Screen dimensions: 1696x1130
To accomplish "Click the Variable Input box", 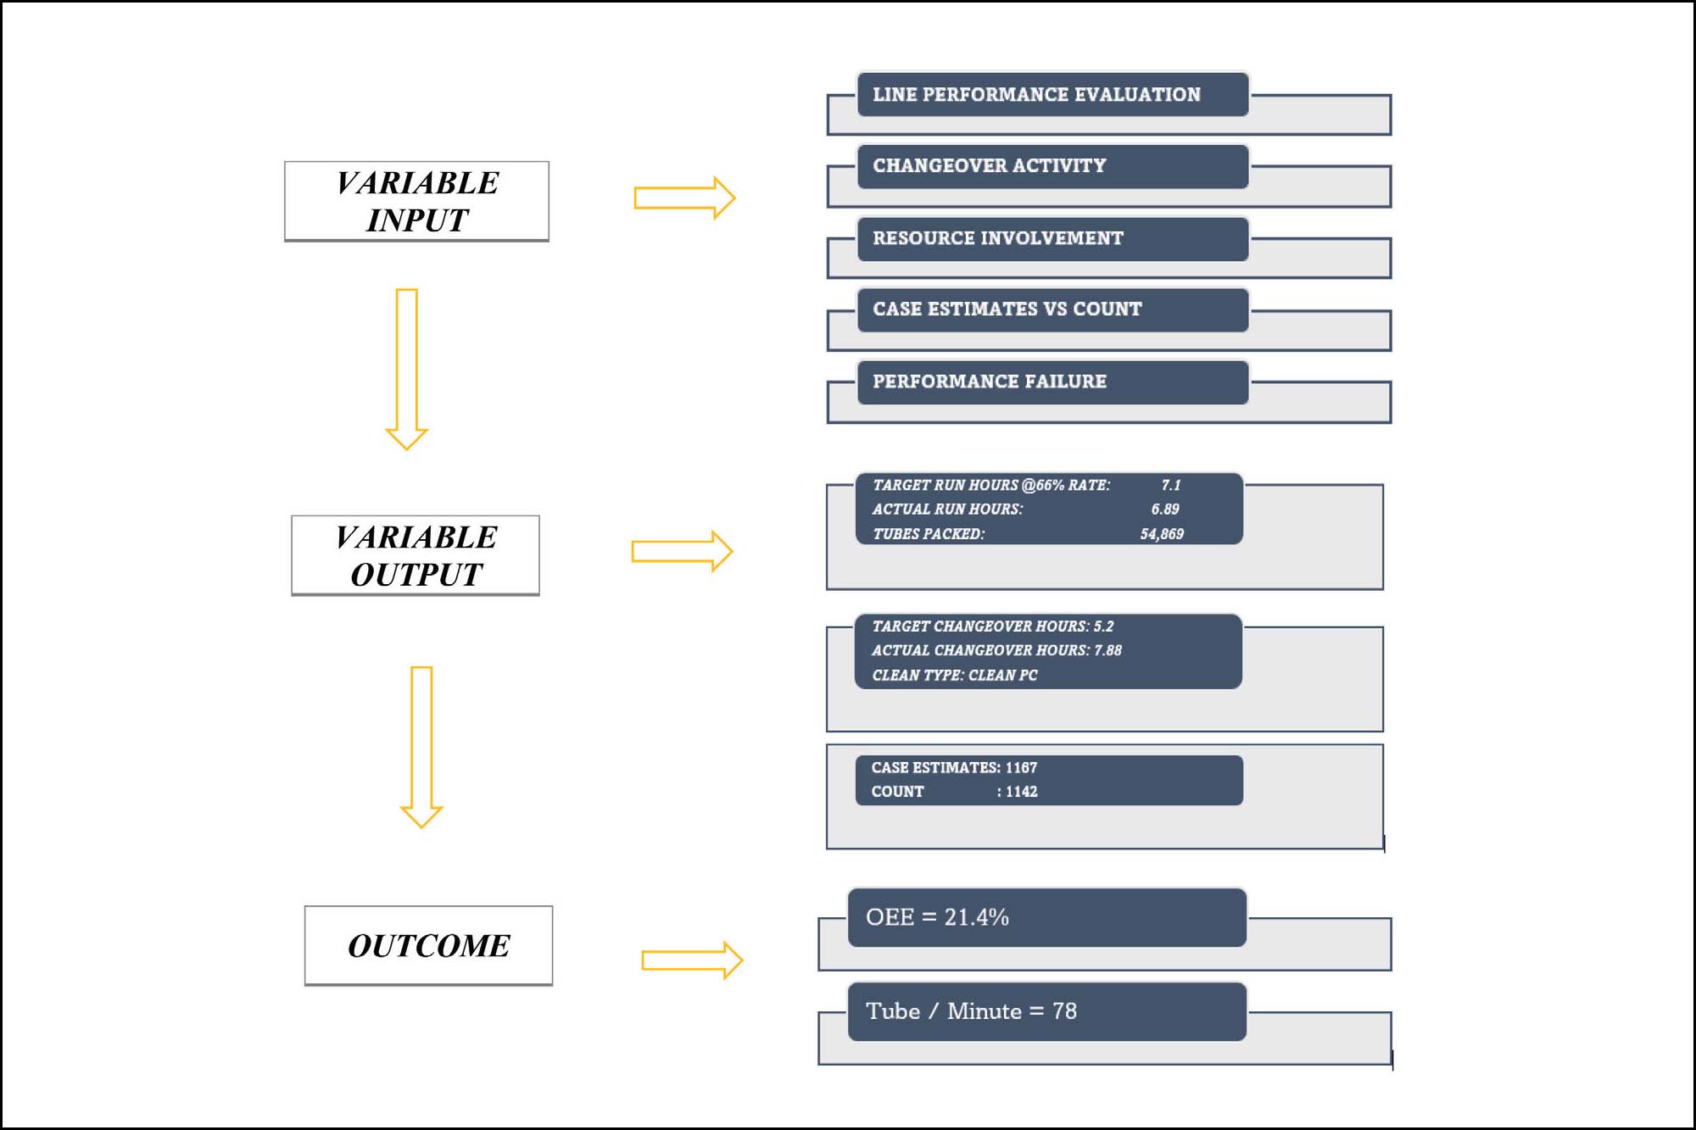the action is point(416,202).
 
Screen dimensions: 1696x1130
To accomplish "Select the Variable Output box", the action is point(416,556).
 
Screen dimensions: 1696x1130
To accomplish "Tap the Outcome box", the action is point(428,946).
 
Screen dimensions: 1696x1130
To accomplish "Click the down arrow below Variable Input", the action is point(407,370).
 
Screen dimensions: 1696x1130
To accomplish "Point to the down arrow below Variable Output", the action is point(421,747).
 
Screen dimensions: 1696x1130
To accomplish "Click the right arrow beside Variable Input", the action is point(684,198).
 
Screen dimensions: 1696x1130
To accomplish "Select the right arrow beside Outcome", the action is point(692,960).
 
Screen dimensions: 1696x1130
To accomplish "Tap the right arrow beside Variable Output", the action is point(682,552).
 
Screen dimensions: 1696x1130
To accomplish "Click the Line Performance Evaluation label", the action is point(1036,94).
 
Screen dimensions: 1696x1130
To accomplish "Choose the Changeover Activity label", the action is point(990,165).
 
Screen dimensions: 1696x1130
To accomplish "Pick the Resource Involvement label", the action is point(998,238).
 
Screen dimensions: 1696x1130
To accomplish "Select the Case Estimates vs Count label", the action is point(1007,309).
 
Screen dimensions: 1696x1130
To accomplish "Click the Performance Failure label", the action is point(990,381).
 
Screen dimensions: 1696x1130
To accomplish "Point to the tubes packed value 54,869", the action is point(1162,534).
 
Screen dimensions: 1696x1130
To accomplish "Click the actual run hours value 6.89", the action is point(1165,509).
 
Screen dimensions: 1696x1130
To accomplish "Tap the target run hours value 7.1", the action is point(1171,485).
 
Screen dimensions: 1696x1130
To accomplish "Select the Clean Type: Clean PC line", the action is point(955,676).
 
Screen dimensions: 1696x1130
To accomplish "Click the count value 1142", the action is point(1021,792).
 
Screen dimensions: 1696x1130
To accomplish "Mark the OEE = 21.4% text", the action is point(937,917).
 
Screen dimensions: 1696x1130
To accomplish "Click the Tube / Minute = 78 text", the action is point(971,1011).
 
